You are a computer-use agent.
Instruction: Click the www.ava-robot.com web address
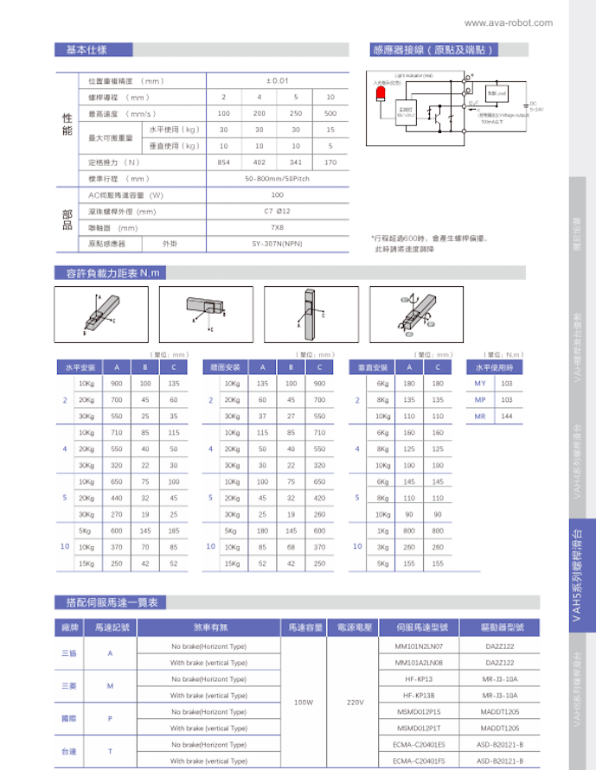point(508,22)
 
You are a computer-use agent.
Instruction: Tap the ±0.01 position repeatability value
point(277,80)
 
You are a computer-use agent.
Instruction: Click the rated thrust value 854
point(223,162)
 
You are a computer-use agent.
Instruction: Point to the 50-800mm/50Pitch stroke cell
point(277,179)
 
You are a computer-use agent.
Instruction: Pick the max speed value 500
point(330,113)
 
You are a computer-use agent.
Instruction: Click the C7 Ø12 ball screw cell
point(277,211)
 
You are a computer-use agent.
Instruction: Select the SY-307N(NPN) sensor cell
point(277,244)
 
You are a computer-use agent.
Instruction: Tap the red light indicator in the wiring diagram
point(379,91)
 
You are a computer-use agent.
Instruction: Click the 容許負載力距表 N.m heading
point(108,273)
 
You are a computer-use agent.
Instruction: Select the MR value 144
point(507,417)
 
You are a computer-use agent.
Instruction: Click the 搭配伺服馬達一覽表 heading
point(110,602)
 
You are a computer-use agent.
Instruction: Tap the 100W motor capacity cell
point(303,703)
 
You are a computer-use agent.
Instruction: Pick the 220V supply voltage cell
point(354,703)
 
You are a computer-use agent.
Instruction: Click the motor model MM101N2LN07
point(419,646)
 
